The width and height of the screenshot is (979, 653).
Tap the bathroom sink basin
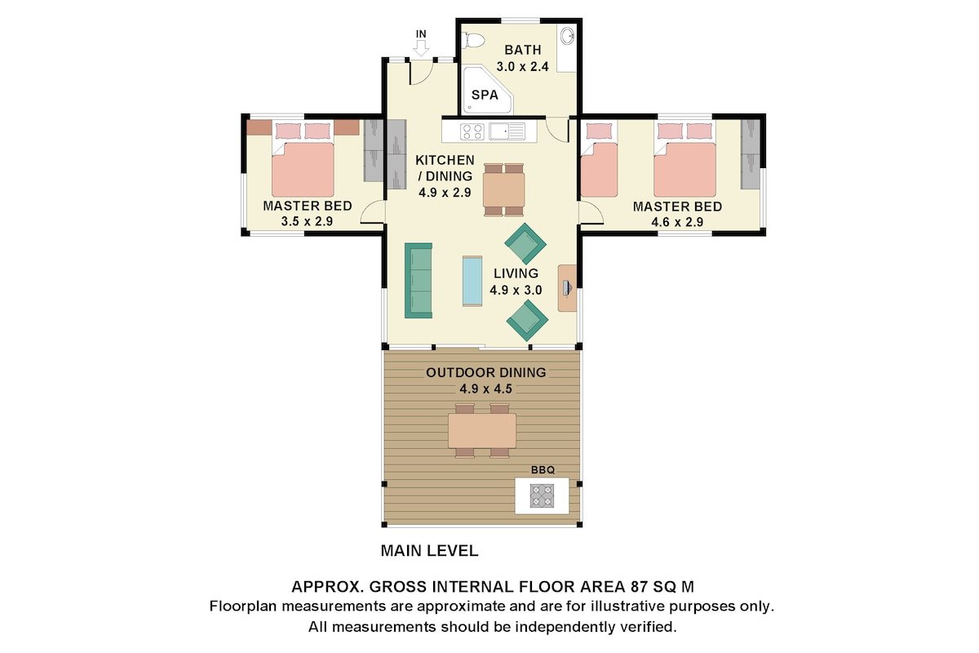tap(568, 36)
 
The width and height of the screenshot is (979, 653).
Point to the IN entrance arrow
tap(421, 48)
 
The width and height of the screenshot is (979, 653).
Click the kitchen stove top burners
tap(472, 130)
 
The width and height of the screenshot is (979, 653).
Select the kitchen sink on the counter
tap(506, 130)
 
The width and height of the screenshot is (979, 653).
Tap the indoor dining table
tap(503, 189)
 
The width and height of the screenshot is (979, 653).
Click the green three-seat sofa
tap(419, 280)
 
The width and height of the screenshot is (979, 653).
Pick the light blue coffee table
tap(472, 281)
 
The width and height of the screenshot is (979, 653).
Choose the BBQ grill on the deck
tap(542, 495)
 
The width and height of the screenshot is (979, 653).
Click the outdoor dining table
tap(482, 430)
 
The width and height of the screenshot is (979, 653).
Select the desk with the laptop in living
tap(567, 287)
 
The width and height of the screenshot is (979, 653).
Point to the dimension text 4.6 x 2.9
tap(676, 221)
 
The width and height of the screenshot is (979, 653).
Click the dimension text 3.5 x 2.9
tap(307, 221)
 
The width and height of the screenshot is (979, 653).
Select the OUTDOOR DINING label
tap(485, 373)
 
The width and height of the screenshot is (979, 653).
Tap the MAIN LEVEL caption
tap(429, 551)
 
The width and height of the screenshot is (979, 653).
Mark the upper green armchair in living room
tap(525, 243)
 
